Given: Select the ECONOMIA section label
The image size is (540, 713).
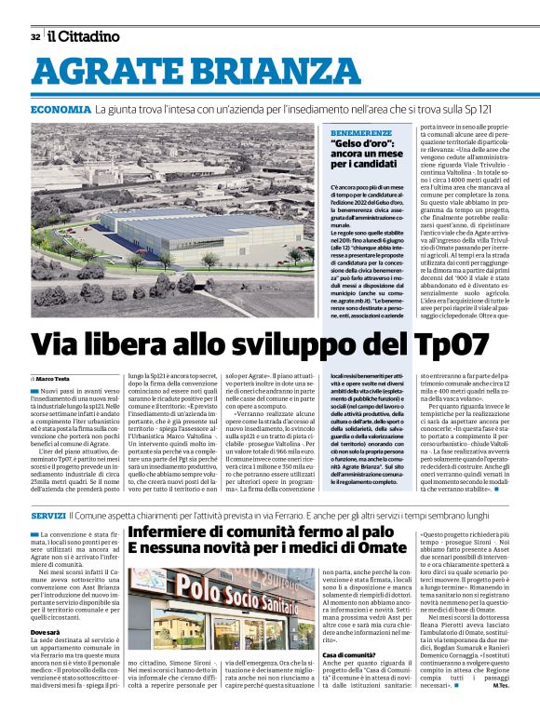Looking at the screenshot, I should pos(61,110).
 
